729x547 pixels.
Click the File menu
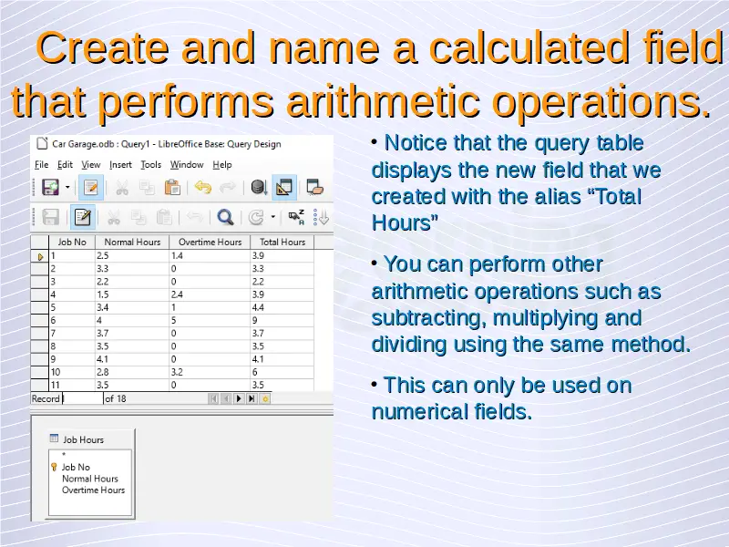pyautogui.click(x=41, y=165)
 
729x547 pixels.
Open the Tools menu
pyautogui.click(x=150, y=165)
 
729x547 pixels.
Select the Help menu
pyautogui.click(x=221, y=165)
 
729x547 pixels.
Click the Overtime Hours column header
pyautogui.click(x=210, y=242)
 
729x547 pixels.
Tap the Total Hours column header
pyautogui.click(x=282, y=242)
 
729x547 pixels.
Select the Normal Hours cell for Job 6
pyautogui.click(x=132, y=321)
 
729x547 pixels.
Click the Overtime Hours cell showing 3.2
pyautogui.click(x=210, y=372)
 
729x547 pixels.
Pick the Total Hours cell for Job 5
pyautogui.click(x=282, y=307)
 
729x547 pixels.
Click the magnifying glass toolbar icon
pyautogui.click(x=225, y=217)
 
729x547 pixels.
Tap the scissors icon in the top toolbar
pyautogui.click(x=122, y=188)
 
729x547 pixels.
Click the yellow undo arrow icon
pyautogui.click(x=203, y=188)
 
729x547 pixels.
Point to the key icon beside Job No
pyautogui.click(x=54, y=467)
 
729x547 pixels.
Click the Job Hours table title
pyautogui.click(x=83, y=439)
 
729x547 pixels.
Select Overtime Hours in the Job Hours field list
pyautogui.click(x=94, y=490)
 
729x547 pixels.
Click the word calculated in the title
pyautogui.click(x=529, y=48)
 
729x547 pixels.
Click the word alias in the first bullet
pyautogui.click(x=558, y=196)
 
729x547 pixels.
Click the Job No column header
pyautogui.click(x=72, y=242)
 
